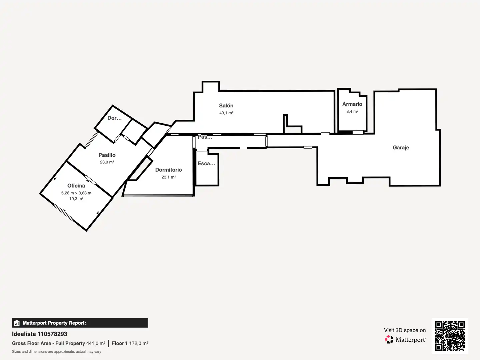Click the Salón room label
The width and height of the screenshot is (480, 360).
point(226,106)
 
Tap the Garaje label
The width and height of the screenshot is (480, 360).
point(401,148)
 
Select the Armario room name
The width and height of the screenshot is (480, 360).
point(352,104)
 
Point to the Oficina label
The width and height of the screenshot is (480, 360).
point(76,186)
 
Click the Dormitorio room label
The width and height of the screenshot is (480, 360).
point(168,170)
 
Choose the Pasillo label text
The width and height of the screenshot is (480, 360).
point(107,155)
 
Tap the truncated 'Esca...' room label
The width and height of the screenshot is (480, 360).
point(206,163)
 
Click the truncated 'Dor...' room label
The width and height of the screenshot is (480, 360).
point(114,118)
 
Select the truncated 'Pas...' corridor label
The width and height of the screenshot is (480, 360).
point(205,137)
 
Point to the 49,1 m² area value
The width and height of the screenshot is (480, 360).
point(226,113)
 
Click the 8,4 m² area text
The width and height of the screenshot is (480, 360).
point(352,111)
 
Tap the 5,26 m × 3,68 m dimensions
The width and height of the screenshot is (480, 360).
point(76,193)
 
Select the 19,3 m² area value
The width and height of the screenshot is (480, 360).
point(76,199)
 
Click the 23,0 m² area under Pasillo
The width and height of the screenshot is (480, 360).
point(107,162)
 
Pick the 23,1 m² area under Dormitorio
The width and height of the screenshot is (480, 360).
point(168,177)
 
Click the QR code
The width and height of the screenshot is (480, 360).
point(450,336)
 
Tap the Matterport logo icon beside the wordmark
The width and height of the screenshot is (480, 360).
point(389,339)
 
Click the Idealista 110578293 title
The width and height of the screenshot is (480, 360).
point(40,334)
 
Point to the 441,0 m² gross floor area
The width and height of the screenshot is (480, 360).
point(96,343)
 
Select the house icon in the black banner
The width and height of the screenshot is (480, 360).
point(17,323)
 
